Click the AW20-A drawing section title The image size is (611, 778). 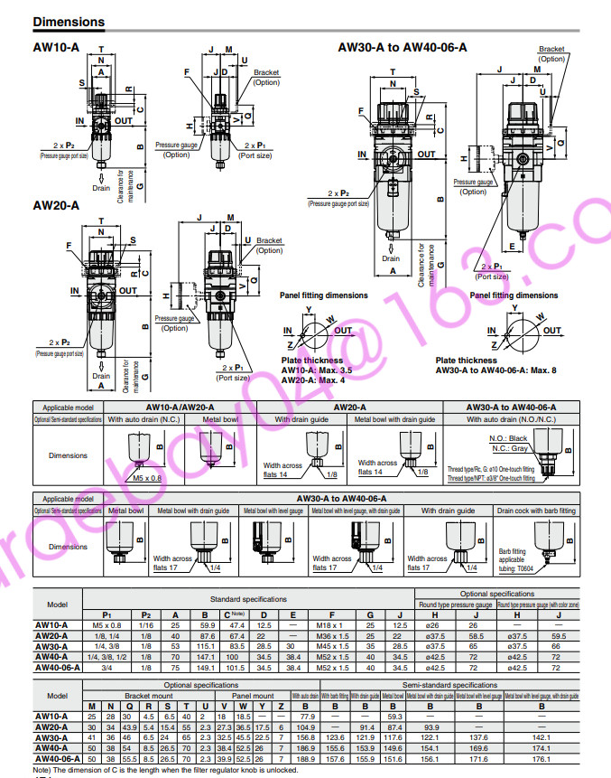tap(56, 206)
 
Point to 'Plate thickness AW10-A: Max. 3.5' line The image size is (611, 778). tap(316, 370)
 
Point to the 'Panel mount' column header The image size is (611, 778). tap(252, 696)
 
